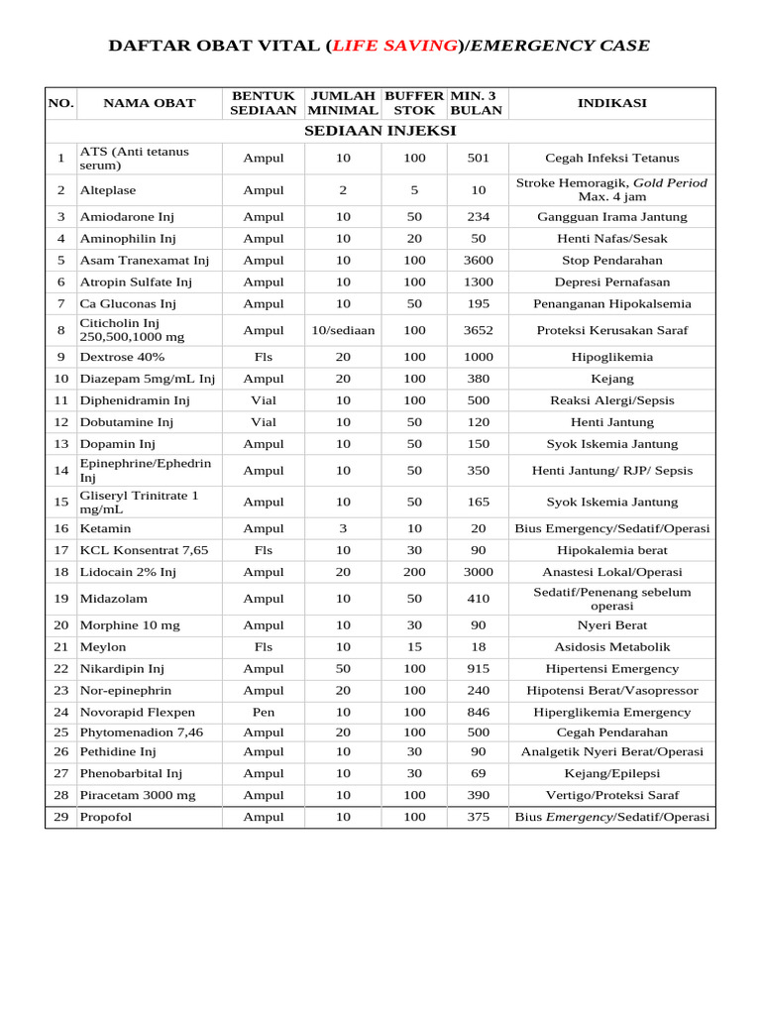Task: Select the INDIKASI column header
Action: coord(611,103)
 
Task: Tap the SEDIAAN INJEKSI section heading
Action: coord(380,131)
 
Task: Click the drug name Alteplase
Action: coord(108,190)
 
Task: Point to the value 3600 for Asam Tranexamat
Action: coord(478,261)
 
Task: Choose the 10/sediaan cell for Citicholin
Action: coord(343,330)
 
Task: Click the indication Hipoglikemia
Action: coord(611,357)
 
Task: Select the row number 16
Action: coord(61,528)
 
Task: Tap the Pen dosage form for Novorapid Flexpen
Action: coord(264,712)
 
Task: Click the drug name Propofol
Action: coord(106,818)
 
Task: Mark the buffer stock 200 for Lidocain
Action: coord(414,572)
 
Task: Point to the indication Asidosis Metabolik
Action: coord(611,647)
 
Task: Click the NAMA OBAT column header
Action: coord(150,103)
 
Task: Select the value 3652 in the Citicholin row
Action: coord(478,330)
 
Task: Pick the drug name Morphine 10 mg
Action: coord(130,625)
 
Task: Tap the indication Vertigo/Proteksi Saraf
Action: coord(611,796)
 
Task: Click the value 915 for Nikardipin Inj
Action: coord(478,669)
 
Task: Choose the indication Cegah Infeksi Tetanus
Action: coord(611,159)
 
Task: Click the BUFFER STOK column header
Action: coord(414,103)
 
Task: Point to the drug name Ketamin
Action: coord(105,528)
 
